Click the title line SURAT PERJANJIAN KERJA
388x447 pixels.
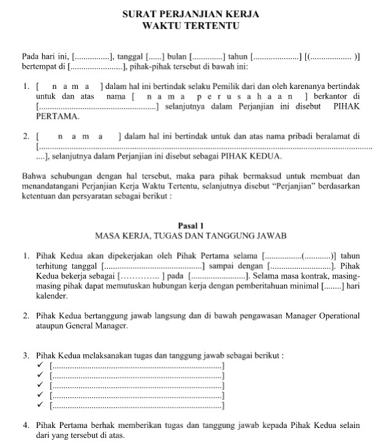190,13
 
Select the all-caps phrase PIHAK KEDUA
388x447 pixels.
251,156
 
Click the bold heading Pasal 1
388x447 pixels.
190,226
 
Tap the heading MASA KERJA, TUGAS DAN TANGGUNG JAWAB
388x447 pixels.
190,235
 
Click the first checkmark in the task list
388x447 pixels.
40,366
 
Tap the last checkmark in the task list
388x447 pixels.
40,405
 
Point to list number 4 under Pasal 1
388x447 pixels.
25,425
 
